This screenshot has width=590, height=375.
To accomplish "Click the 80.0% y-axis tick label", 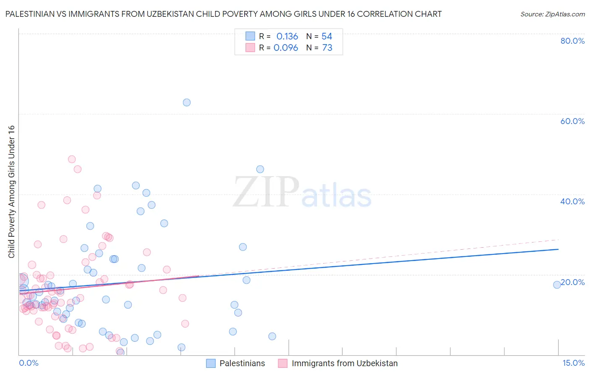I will [x=572, y=41].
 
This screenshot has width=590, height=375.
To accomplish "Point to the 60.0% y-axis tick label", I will [x=572, y=121].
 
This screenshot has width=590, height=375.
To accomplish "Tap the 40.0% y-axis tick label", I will [x=572, y=201].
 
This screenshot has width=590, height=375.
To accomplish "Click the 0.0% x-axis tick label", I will [x=29, y=363].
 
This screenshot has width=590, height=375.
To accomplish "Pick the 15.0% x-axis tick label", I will [x=573, y=363].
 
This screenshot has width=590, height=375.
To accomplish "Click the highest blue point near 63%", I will [x=187, y=103].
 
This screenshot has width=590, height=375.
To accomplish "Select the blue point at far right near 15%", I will [x=557, y=285].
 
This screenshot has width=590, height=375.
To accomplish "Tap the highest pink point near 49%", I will [x=72, y=159].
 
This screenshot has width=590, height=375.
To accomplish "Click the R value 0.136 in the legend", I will [x=287, y=37].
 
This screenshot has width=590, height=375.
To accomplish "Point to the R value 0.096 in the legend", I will [x=286, y=48].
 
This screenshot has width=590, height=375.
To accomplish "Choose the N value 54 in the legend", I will [x=327, y=37].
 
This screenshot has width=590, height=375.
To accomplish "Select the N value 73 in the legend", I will [x=327, y=48].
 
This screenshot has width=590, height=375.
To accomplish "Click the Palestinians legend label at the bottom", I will [x=242, y=363].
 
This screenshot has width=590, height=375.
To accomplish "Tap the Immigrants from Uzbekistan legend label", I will [x=345, y=363].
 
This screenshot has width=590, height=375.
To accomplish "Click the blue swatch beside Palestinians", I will [x=211, y=363].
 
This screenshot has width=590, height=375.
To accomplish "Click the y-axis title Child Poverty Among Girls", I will [x=11, y=192].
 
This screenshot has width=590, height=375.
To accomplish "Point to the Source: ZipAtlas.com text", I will [x=552, y=14].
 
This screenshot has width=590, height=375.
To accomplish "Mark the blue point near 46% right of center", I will [x=260, y=169].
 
